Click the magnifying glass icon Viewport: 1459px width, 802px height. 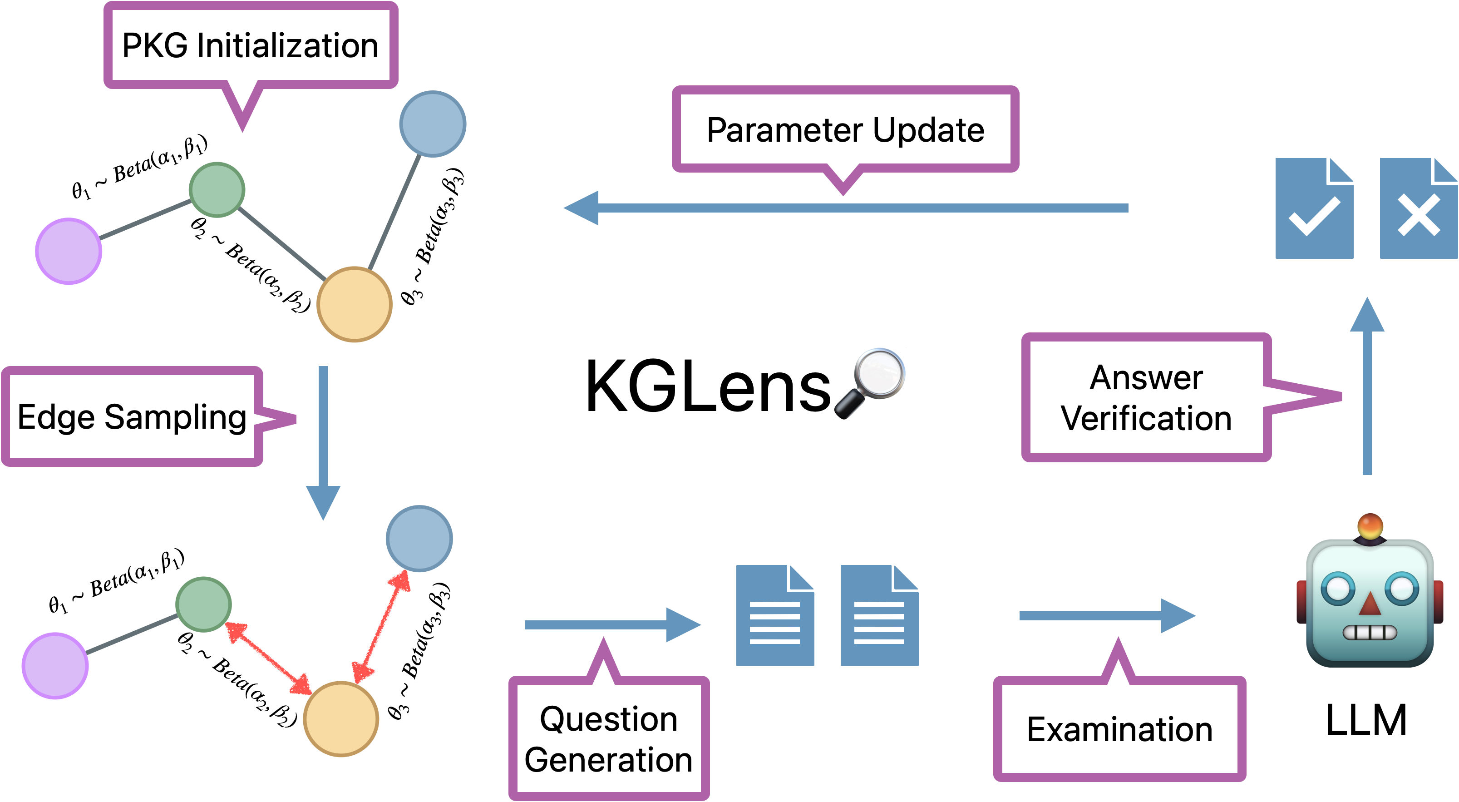tap(871, 382)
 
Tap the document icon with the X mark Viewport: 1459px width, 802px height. tap(1418, 208)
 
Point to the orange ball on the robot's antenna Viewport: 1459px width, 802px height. tap(1370, 526)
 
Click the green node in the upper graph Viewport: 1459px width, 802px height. tap(217, 190)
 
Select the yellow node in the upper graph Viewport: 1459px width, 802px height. tap(354, 304)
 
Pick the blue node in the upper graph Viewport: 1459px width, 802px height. tap(433, 124)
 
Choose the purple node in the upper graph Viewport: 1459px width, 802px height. tap(69, 251)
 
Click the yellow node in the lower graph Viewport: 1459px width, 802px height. tap(341, 719)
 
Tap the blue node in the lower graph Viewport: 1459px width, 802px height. tap(419, 539)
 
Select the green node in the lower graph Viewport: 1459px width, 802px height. tap(203, 604)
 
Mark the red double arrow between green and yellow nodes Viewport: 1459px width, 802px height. tap(268, 658)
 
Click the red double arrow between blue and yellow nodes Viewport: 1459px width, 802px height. tap(381, 626)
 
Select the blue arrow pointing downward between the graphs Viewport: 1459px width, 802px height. tap(323, 442)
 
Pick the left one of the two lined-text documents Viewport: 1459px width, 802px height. tap(774, 615)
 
